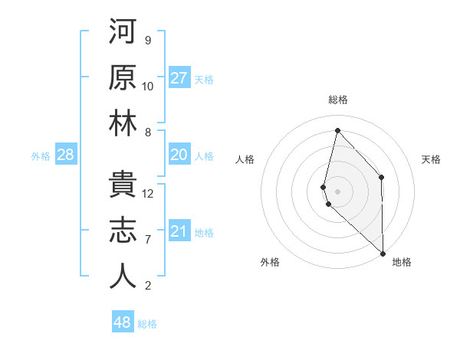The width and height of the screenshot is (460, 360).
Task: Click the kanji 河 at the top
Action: tap(123, 31)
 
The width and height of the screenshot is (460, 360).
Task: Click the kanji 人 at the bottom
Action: tap(123, 276)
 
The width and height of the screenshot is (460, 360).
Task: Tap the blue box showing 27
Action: tap(179, 77)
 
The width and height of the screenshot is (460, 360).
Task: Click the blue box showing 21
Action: tap(179, 231)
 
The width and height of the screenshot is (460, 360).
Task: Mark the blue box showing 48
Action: tap(123, 322)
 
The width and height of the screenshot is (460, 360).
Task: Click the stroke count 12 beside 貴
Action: tap(149, 194)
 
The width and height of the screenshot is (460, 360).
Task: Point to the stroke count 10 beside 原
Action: tap(149, 86)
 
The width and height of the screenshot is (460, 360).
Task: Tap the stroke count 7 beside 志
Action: tap(149, 240)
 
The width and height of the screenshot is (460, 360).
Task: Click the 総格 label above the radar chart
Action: tap(337, 100)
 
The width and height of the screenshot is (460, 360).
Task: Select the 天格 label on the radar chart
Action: tap(432, 159)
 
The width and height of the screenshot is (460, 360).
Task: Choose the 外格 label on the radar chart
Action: tap(270, 263)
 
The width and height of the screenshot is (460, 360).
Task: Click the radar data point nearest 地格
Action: tap(383, 253)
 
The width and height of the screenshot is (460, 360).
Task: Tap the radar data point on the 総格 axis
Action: tap(337, 130)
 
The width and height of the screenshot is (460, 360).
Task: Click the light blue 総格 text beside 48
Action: tap(147, 324)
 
